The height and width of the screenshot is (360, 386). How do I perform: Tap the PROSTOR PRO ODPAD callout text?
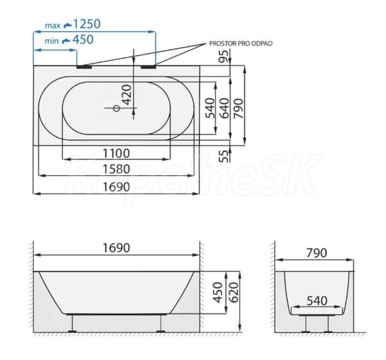click(241, 44)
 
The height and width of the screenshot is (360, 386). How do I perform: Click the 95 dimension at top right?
click(224, 57)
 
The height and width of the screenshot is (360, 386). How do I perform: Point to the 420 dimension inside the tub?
click(127, 95)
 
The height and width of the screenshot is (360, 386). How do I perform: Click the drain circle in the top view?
click(116, 108)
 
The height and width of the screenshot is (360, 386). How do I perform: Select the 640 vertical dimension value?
click(225, 108)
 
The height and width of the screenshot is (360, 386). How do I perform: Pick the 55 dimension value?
click(224, 156)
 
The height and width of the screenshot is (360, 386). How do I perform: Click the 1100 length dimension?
click(116, 153)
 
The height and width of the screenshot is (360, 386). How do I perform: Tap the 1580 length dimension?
click(116, 169)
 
